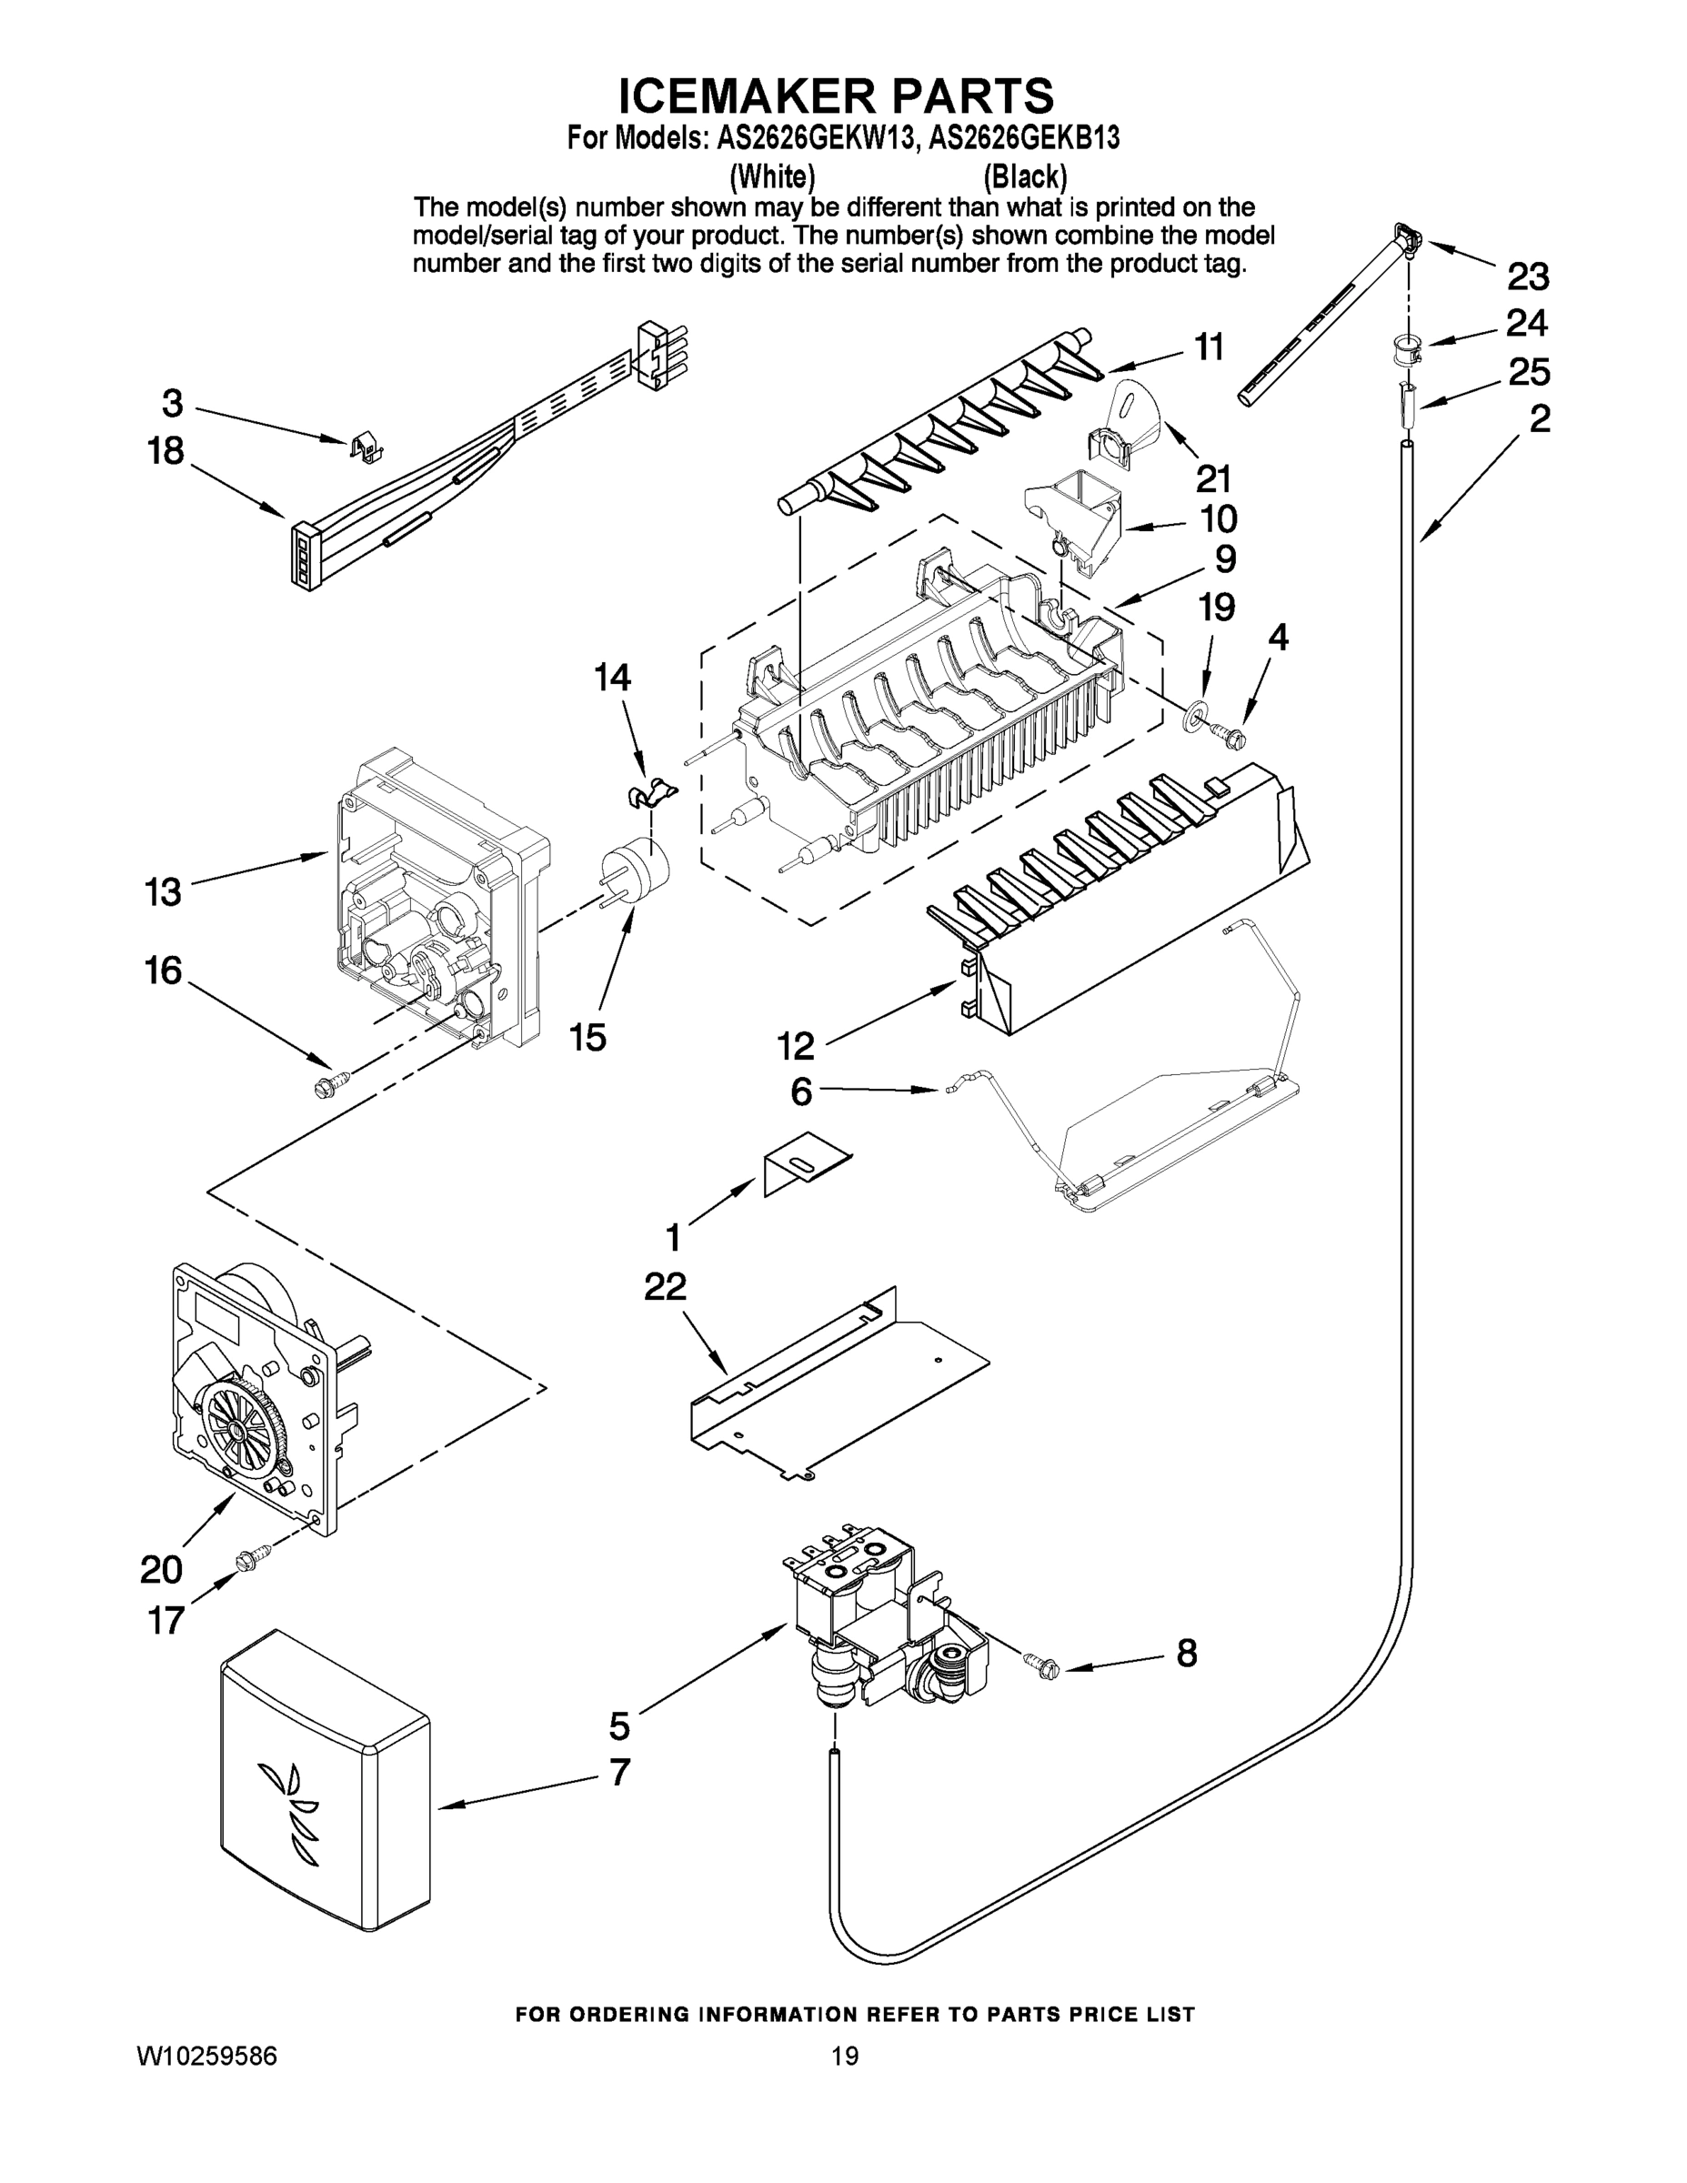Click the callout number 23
[x=1527, y=275]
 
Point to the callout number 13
[x=163, y=891]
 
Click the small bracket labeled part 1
[x=805, y=1162]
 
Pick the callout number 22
[x=665, y=1286]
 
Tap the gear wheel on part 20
[x=241, y=1431]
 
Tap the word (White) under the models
[x=771, y=177]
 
